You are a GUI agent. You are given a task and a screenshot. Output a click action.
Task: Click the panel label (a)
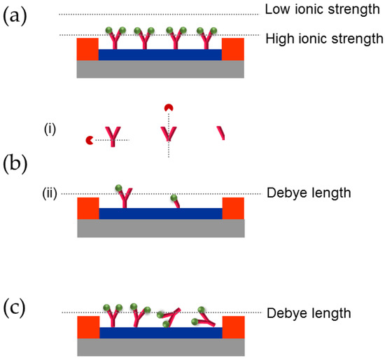pos(16,16)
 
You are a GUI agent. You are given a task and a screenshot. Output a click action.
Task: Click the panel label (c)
pos(16,307)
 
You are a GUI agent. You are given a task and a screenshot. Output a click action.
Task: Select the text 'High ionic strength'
pos(324,39)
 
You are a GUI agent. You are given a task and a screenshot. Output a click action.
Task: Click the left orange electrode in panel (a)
pos(87,49)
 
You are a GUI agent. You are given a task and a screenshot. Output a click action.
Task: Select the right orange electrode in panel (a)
pos(232,49)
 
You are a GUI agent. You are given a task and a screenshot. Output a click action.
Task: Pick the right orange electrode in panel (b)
pos(232,209)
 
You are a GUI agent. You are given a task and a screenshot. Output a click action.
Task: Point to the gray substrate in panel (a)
pos(160,69)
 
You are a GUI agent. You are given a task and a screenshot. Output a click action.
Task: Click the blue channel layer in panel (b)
pos(160,214)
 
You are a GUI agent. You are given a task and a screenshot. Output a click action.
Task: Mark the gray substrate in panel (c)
pos(160,347)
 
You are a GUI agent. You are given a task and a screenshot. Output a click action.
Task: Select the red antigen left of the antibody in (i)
pos(89,141)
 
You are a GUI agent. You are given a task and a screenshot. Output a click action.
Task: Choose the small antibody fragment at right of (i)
pos(221,132)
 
